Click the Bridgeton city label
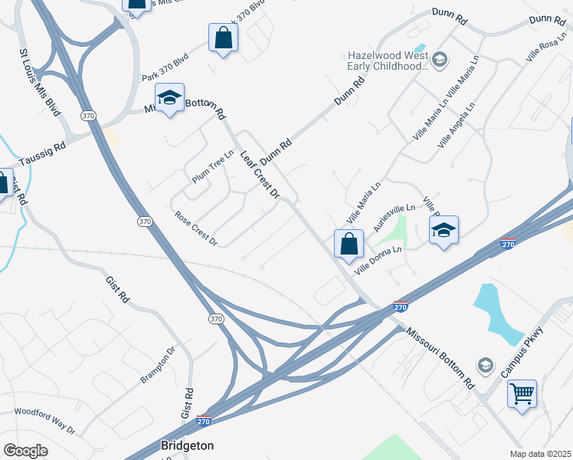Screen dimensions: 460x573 187,445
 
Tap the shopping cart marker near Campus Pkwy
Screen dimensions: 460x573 522,395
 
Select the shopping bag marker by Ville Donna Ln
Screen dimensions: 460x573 349,244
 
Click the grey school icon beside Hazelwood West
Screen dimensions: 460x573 440,59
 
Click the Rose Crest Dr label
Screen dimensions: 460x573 196,228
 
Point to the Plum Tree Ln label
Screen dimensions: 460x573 212,166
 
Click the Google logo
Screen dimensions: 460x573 25,451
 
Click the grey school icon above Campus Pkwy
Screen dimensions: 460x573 484,364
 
